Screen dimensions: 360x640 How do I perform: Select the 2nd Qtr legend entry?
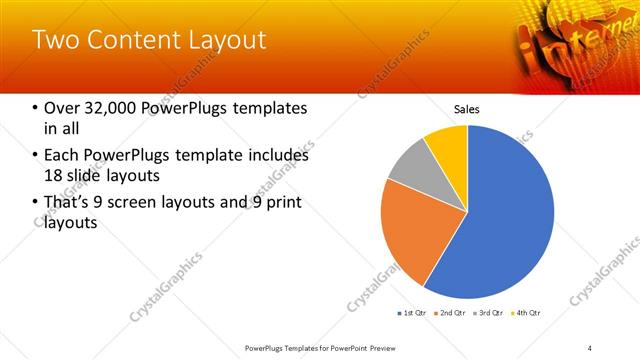(x=452, y=313)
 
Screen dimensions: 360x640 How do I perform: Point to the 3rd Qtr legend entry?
(x=489, y=313)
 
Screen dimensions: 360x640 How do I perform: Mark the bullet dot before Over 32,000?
(x=35, y=109)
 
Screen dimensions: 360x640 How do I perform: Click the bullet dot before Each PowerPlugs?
(x=35, y=156)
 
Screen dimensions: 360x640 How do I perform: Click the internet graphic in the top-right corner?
(x=565, y=40)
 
